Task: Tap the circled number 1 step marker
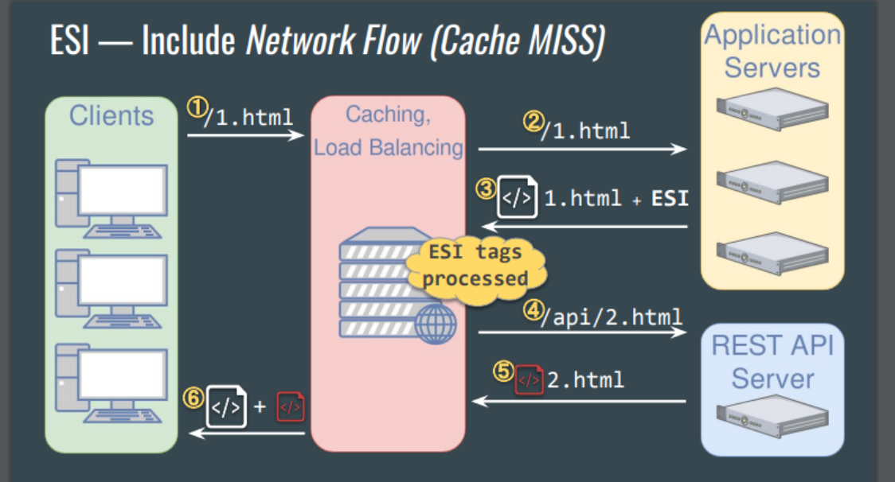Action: pyautogui.click(x=196, y=107)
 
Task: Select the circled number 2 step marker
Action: pyautogui.click(x=531, y=122)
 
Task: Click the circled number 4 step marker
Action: pyautogui.click(x=531, y=309)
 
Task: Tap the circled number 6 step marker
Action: pyautogui.click(x=194, y=398)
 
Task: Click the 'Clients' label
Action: pyautogui.click(x=111, y=116)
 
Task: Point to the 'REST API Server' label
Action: pyautogui.click(x=772, y=362)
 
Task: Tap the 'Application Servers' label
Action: pyautogui.click(x=772, y=51)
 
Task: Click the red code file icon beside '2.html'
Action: pyautogui.click(x=530, y=379)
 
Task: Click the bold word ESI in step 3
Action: pyautogui.click(x=670, y=199)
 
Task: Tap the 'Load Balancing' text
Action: pyautogui.click(x=389, y=148)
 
